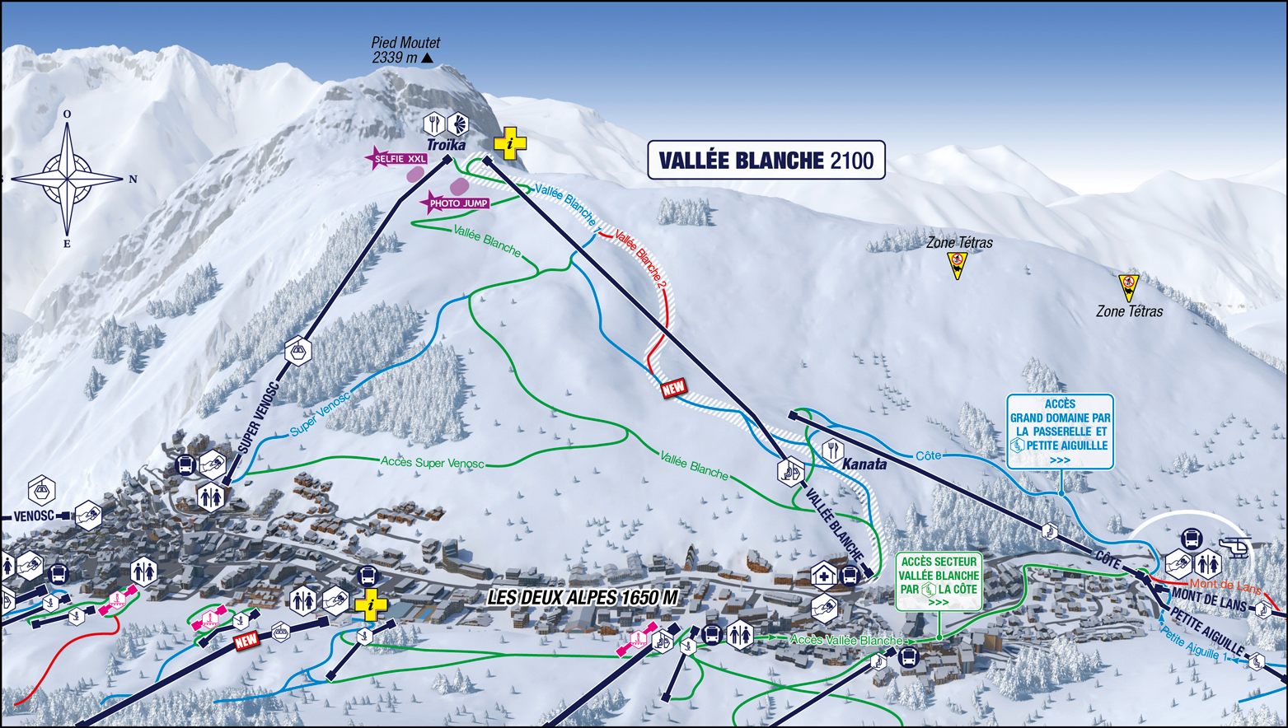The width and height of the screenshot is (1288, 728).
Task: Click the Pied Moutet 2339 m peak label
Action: coord(405,49)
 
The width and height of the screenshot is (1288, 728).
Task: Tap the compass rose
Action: coord(68,178)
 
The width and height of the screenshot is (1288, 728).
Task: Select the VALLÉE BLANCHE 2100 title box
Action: coord(766,160)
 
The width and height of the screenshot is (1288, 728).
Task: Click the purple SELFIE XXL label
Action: coord(400,159)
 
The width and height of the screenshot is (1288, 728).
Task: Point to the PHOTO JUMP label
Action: coord(457,203)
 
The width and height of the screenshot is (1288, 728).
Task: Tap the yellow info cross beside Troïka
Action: coord(510,143)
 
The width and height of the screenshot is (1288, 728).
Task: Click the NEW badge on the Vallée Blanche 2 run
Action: coord(673,388)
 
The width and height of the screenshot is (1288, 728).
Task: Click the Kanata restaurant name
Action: coord(864,464)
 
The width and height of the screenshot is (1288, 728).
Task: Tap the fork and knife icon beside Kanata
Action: coord(832,450)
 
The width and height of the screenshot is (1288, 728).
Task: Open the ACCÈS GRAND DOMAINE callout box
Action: coord(1060,432)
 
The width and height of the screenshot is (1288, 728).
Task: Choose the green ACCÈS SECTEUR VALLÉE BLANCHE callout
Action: coord(939,581)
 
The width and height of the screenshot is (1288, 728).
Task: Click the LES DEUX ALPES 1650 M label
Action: coord(583,598)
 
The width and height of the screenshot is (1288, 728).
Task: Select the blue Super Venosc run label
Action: coord(320,415)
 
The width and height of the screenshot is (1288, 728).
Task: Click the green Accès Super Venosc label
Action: coord(432,462)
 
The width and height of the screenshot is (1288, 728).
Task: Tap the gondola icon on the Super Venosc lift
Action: coord(297,351)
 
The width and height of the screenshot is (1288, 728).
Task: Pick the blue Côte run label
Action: coord(928,455)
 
